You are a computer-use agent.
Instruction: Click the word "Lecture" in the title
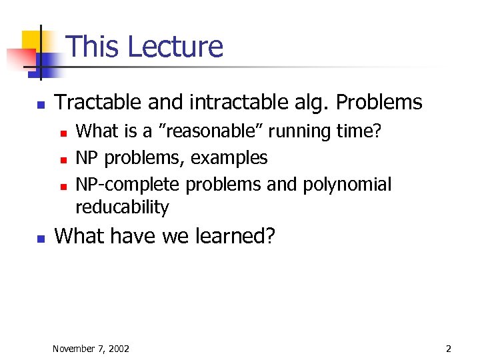175,47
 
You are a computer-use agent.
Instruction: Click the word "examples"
229,158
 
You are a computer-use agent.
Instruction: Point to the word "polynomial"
347,184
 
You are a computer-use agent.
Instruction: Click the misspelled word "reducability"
122,207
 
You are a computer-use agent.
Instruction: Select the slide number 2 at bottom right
449,349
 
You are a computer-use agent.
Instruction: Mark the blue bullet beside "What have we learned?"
41,237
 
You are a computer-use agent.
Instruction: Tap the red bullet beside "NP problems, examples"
63,159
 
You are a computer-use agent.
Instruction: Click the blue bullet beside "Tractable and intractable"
41,104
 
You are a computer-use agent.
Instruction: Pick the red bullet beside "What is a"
63,133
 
